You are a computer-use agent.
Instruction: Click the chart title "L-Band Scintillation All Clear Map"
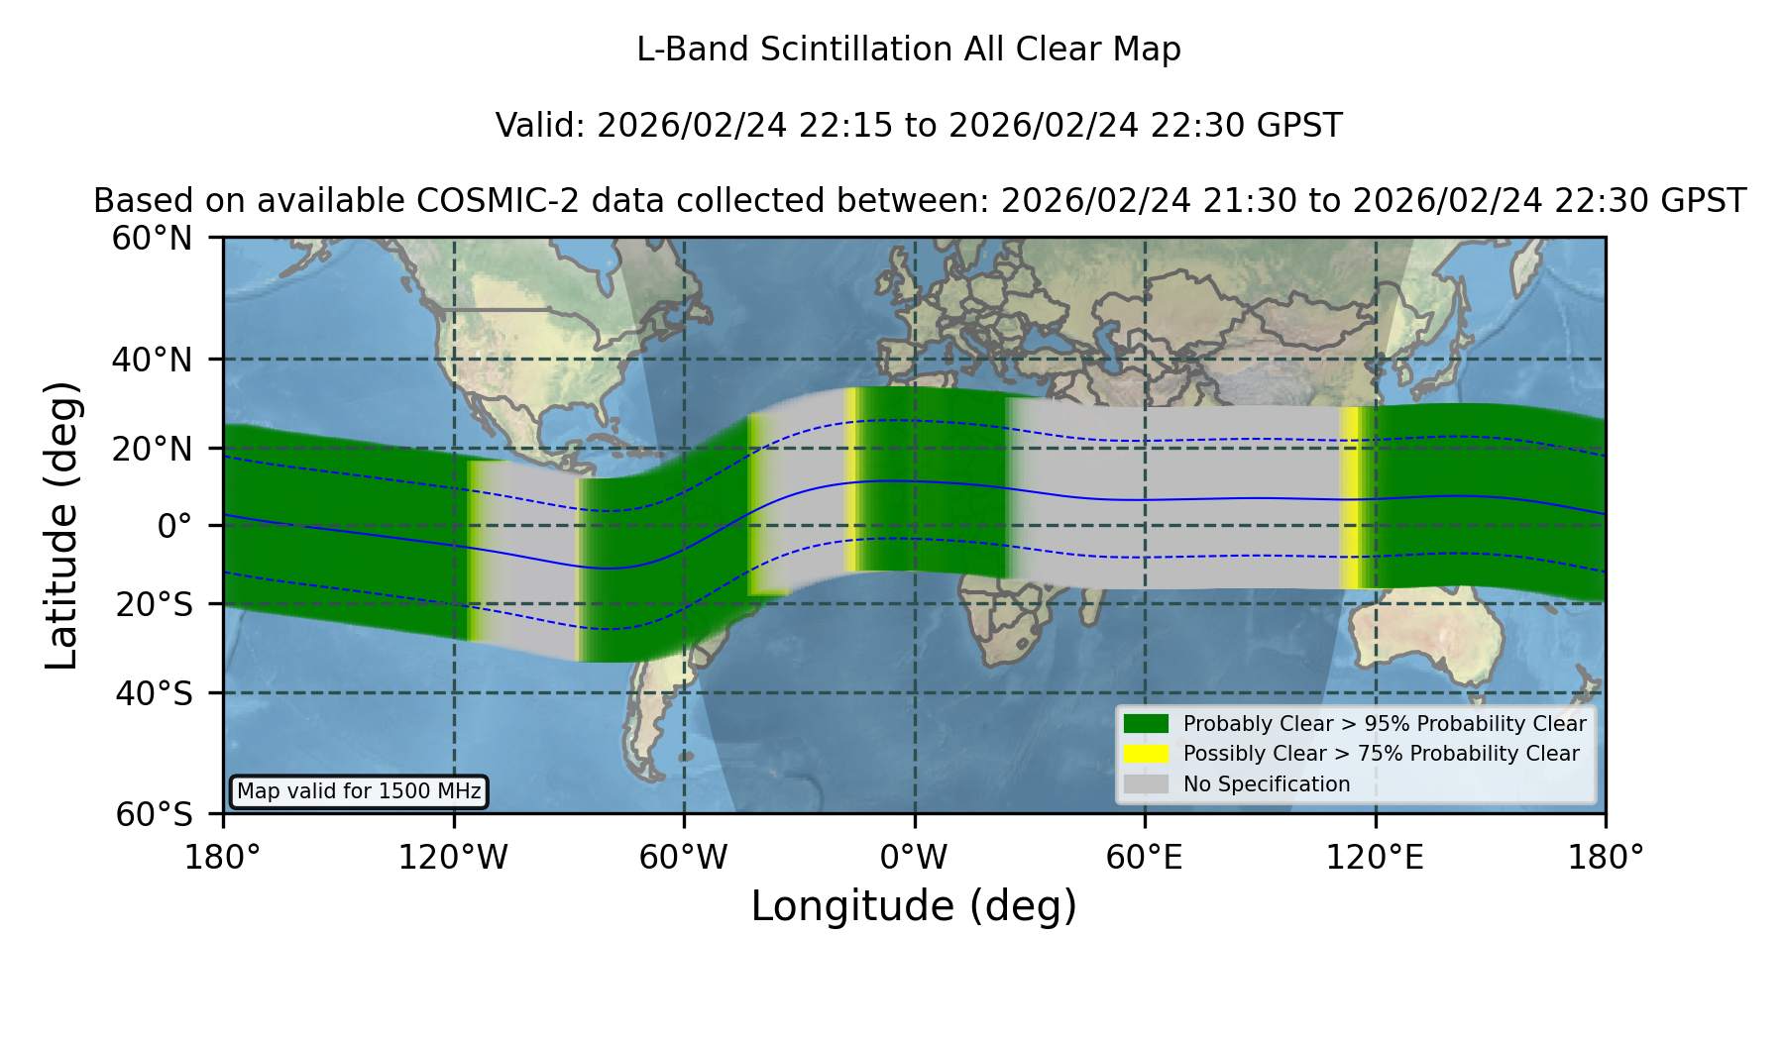pyautogui.click(x=908, y=50)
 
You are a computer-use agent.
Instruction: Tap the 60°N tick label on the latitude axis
pyautogui.click(x=153, y=239)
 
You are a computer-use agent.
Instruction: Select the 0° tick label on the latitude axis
pyautogui.click(x=174, y=526)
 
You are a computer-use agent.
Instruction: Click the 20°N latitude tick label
pyautogui.click(x=153, y=449)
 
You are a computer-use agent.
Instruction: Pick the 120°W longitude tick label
pyautogui.click(x=453, y=857)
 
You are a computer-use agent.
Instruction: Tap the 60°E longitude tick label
pyautogui.click(x=1145, y=857)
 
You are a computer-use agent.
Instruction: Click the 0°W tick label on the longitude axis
pyautogui.click(x=914, y=857)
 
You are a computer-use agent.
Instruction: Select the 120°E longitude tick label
pyautogui.click(x=1375, y=857)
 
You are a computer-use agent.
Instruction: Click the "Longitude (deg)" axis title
pyautogui.click(x=914, y=906)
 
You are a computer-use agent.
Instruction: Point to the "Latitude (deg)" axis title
pyautogui.click(x=62, y=525)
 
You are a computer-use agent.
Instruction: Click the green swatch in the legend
pyautogui.click(x=1147, y=724)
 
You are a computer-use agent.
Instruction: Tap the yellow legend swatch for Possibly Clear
pyautogui.click(x=1147, y=754)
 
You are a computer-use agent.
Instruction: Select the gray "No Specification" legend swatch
pyautogui.click(x=1147, y=784)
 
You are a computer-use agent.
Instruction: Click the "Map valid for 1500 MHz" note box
pyautogui.click(x=359, y=791)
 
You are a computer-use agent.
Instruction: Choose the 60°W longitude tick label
pyautogui.click(x=684, y=857)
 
